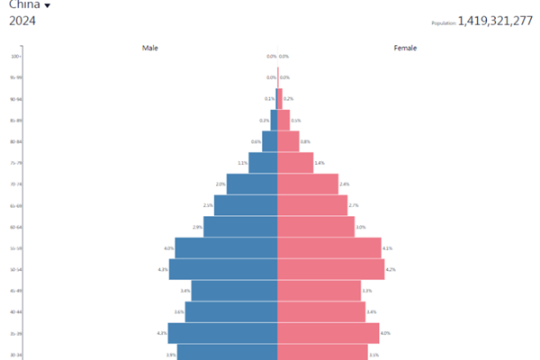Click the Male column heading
pyautogui.click(x=150, y=48)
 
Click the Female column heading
pyautogui.click(x=405, y=48)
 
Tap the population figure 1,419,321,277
pyautogui.click(x=495, y=21)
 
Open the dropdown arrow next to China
pyautogui.click(x=47, y=5)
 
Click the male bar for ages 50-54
pyautogui.click(x=223, y=269)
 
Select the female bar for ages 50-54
pyautogui.click(x=330, y=269)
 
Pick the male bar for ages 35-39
pyautogui.click(x=222, y=333)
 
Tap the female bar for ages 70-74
pyautogui.click(x=307, y=184)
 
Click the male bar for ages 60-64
pyautogui.click(x=240, y=227)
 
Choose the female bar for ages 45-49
pyautogui.click(x=319, y=291)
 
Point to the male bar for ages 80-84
pyautogui.click(x=269, y=141)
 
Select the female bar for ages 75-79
pyautogui.click(x=295, y=163)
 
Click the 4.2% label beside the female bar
pyautogui.click(x=391, y=269)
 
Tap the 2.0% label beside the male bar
pyautogui.click(x=220, y=184)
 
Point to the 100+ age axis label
pyautogui.click(x=15, y=57)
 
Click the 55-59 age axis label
pyautogui.click(x=15, y=248)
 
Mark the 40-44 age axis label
pyautogui.click(x=15, y=312)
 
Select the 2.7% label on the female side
pyautogui.click(x=354, y=205)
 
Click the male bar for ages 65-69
pyautogui.click(x=246, y=205)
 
